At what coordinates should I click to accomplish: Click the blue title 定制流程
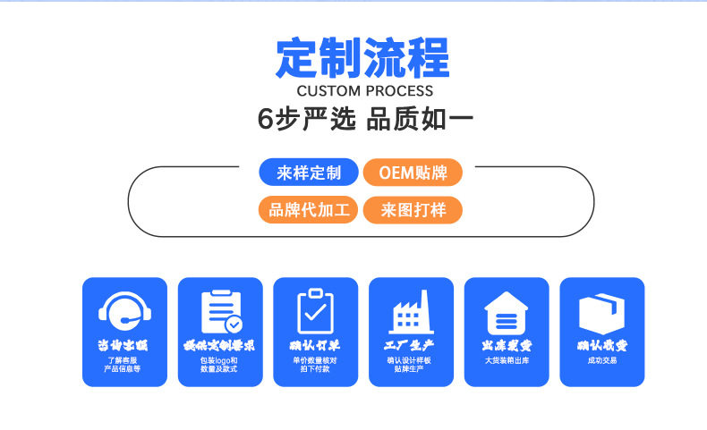pos(363,58)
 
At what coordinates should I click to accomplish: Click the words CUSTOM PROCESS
pos(364,91)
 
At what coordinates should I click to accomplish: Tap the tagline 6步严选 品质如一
pos(365,119)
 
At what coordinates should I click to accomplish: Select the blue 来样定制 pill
pos(309,173)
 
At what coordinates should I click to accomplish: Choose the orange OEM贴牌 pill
pos(413,173)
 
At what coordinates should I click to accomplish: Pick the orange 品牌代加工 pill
pos(309,210)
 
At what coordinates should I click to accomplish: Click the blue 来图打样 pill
pos(413,210)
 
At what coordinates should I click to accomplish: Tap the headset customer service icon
pos(124,311)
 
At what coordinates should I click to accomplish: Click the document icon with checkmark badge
pos(220,311)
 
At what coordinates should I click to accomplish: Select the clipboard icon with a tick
pos(315,311)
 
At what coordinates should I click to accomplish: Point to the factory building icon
pos(411,311)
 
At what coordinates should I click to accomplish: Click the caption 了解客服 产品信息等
pos(124,364)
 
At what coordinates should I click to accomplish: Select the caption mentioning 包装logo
pos(220,364)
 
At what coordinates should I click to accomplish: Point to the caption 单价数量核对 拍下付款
pos(315,364)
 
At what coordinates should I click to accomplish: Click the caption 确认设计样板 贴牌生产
pos(411,364)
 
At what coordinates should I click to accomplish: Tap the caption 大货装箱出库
pos(507,360)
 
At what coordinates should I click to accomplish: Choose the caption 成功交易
pos(601,360)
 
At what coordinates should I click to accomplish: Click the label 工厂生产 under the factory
pos(411,345)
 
